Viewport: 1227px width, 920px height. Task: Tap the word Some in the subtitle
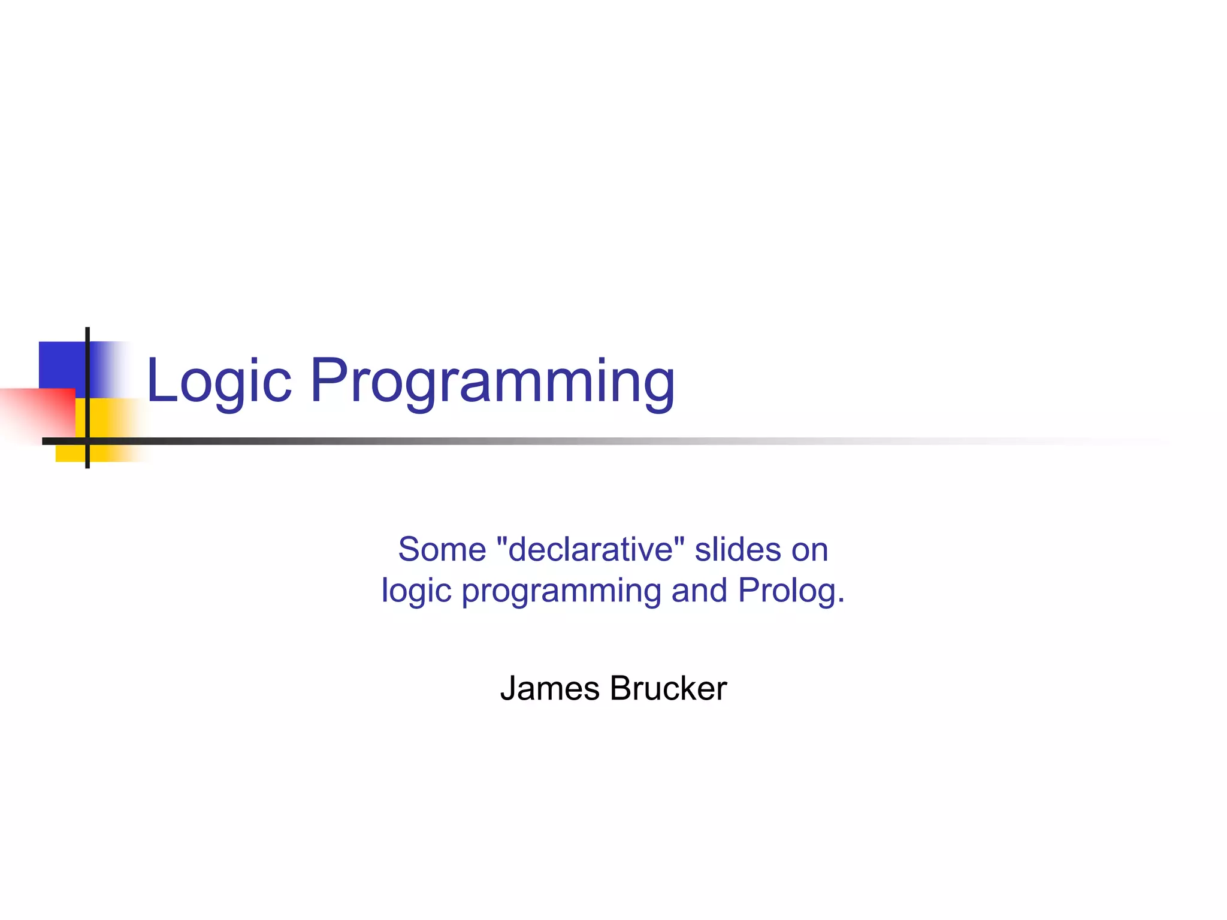coord(442,549)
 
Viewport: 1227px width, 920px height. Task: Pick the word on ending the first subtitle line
coord(809,550)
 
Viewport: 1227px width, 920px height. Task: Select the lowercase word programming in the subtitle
coord(561,591)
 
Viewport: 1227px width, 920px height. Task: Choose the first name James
coord(549,688)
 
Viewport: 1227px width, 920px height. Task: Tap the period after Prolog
coord(841,601)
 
